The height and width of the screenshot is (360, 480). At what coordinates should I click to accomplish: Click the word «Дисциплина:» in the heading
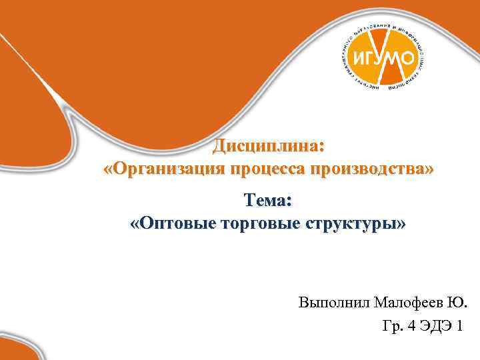coord(269,146)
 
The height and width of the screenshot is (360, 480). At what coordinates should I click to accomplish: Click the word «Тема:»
coord(268,200)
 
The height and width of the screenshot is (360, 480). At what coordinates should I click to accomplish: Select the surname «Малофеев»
coord(406,303)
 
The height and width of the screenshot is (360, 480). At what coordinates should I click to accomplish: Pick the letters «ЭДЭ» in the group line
coord(437,327)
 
